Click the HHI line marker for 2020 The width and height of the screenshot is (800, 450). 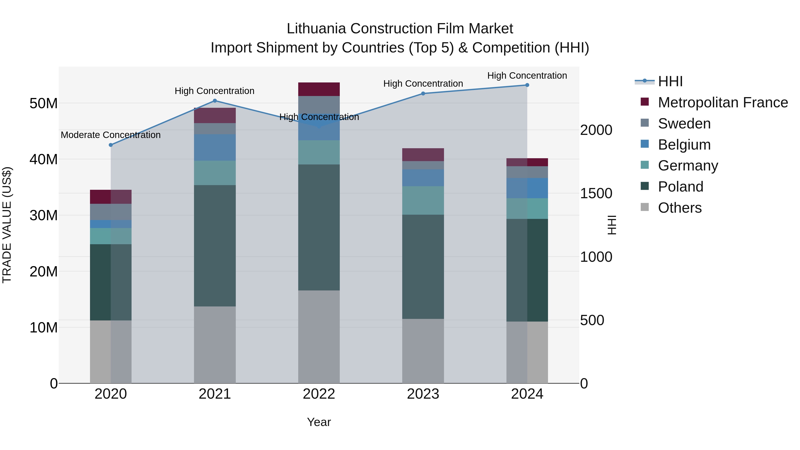pyautogui.click(x=111, y=145)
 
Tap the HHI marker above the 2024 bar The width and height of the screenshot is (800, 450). pyautogui.click(x=527, y=85)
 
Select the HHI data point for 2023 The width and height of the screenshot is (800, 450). pyautogui.click(x=423, y=94)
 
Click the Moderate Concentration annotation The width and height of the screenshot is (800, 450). pyautogui.click(x=111, y=135)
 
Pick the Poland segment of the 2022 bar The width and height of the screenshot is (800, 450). pyautogui.click(x=319, y=227)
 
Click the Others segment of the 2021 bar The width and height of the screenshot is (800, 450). pyautogui.click(x=215, y=345)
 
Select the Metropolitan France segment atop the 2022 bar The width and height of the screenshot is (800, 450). pyautogui.click(x=319, y=89)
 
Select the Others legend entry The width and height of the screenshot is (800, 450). pyautogui.click(x=680, y=208)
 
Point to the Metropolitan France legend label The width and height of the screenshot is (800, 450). pyautogui.click(x=723, y=102)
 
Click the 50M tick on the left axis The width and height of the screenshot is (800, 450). pyautogui.click(x=44, y=103)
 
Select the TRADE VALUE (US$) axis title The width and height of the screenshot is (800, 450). pyautogui.click(x=7, y=225)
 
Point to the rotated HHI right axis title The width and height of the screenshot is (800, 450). pyautogui.click(x=612, y=225)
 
